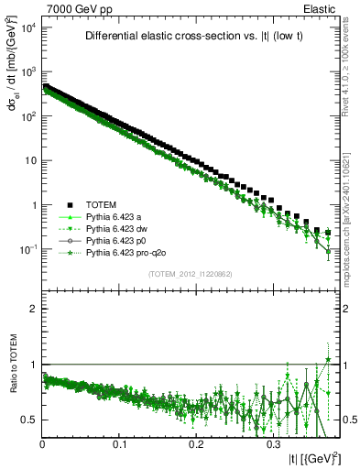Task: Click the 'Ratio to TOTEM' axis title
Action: [12, 366]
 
